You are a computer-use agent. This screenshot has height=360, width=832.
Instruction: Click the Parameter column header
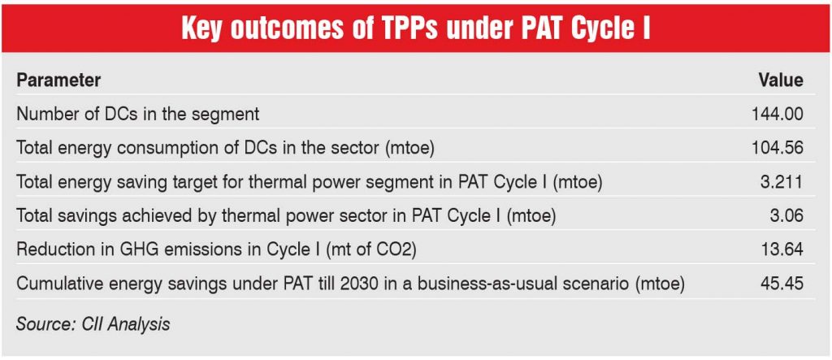coord(58,80)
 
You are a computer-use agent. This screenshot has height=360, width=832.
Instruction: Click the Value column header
coord(780,80)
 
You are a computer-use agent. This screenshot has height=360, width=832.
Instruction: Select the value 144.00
coord(778,115)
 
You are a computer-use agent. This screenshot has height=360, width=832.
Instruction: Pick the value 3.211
coord(782,182)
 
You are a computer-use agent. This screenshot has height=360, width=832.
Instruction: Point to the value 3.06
coord(786,216)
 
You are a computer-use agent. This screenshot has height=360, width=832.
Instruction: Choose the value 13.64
coord(782,250)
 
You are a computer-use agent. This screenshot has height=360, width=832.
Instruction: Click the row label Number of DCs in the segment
coord(137,115)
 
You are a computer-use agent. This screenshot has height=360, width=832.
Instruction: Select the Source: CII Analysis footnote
coord(93,324)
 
